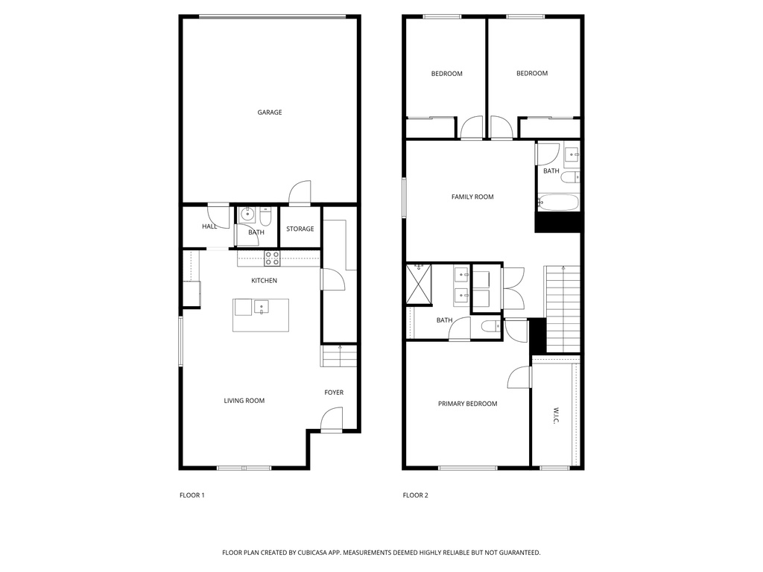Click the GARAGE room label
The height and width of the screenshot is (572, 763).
click(x=270, y=112)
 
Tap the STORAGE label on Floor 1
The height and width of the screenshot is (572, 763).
click(x=300, y=229)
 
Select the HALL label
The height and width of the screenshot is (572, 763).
click(x=209, y=226)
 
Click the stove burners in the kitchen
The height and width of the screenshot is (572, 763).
click(x=272, y=258)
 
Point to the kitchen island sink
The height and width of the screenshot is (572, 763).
click(x=262, y=306)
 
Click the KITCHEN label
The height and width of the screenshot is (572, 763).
click(x=264, y=281)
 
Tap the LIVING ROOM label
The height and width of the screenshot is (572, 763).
click(x=244, y=401)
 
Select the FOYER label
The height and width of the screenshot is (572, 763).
click(x=334, y=393)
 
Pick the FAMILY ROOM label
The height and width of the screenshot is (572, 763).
click(x=472, y=197)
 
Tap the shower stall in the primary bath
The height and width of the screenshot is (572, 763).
click(x=420, y=285)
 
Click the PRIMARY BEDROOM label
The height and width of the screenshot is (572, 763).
click(x=467, y=404)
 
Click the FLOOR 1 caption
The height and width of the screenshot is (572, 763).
click(x=192, y=495)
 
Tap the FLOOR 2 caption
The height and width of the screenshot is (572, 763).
click(x=416, y=495)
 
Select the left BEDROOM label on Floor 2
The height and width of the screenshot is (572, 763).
click(x=446, y=74)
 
